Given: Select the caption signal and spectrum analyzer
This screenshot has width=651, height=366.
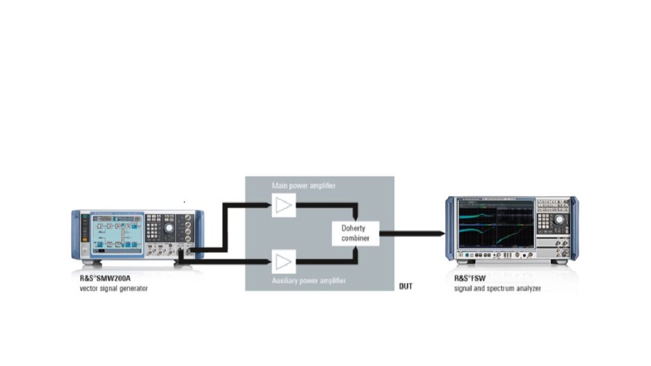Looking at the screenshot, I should (497, 288).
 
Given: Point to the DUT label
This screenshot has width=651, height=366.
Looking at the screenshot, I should (406, 287).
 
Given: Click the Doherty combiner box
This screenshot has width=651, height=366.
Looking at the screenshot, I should (355, 233).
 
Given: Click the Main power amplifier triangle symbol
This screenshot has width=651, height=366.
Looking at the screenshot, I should (284, 205).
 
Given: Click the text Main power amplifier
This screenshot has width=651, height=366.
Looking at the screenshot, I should (303, 186).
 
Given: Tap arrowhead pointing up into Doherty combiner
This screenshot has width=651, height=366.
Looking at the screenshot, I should (355, 251).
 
